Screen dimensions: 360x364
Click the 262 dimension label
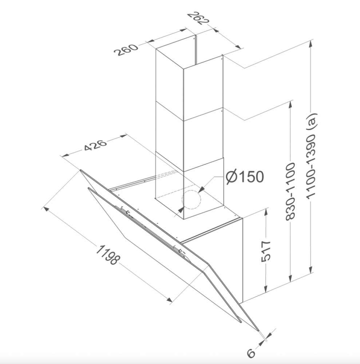(198, 18)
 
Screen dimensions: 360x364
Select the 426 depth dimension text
(95, 145)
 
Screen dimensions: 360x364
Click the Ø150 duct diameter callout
(245, 177)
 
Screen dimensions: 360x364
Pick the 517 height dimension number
(266, 251)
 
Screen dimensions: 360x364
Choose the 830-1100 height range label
(290, 191)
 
